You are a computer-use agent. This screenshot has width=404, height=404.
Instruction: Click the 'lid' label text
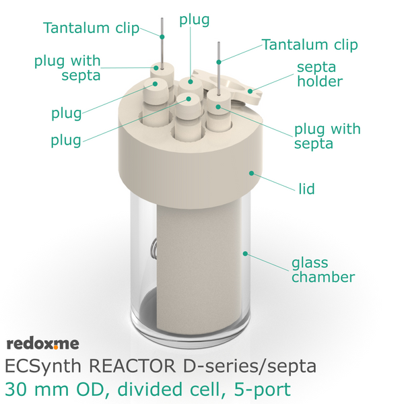[306, 189]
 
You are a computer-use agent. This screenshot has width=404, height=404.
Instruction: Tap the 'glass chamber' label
[323, 270]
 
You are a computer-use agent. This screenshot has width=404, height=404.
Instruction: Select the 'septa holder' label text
[320, 75]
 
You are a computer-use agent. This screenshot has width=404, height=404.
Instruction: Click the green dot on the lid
[251, 174]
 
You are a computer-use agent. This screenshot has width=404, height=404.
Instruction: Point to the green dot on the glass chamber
[245, 254]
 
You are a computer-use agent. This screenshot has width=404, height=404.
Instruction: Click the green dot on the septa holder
[250, 91]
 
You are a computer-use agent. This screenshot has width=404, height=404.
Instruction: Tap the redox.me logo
[43, 344]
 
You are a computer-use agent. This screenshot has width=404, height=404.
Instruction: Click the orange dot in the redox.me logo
[56, 347]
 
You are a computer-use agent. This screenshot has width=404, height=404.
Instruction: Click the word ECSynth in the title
[43, 366]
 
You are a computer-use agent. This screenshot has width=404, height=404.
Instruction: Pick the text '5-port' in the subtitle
[263, 390]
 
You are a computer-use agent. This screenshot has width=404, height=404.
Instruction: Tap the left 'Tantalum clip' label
[91, 28]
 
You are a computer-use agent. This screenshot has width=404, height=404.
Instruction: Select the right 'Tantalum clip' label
[310, 44]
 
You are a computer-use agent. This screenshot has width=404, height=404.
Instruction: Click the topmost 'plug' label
[195, 20]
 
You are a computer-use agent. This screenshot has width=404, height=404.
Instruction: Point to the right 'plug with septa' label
[327, 136]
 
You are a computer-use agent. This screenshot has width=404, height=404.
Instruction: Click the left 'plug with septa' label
[67, 68]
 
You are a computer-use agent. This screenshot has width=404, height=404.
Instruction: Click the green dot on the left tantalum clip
[162, 37]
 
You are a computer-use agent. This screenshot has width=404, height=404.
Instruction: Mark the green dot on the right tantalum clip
[219, 62]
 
